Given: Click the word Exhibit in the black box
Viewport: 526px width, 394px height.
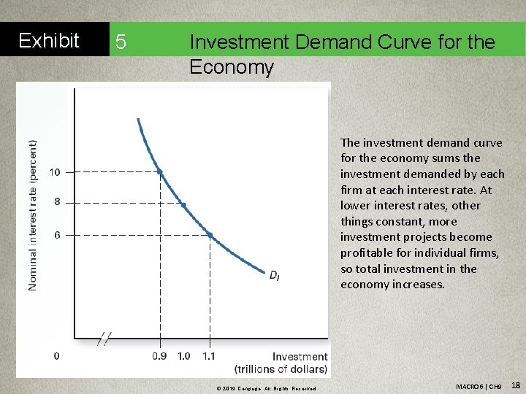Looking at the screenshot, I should (48, 41).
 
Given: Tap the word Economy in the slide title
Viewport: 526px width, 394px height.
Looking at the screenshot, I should (231, 68).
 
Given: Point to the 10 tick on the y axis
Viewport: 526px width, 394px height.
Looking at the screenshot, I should (56, 172).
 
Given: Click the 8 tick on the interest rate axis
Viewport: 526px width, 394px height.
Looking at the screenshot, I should (58, 202).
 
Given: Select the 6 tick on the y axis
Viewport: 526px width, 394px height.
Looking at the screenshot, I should (58, 235).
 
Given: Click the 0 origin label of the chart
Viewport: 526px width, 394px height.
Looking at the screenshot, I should (57, 356).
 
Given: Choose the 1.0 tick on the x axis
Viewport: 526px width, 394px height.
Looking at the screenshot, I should (184, 356).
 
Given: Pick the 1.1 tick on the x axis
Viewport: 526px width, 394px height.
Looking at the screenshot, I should (209, 356).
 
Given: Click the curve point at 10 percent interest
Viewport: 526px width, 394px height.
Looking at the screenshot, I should (160, 172).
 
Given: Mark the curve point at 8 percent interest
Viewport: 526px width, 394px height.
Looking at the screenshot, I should (183, 205).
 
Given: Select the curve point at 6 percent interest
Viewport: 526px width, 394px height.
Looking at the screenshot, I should (210, 234).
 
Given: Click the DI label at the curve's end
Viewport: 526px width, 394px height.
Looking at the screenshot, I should (274, 275).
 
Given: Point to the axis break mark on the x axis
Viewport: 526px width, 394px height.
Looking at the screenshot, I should (105, 338).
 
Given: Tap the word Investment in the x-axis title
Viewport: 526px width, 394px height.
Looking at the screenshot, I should (300, 356).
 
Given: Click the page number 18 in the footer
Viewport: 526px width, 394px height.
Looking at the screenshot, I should (515, 385).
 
